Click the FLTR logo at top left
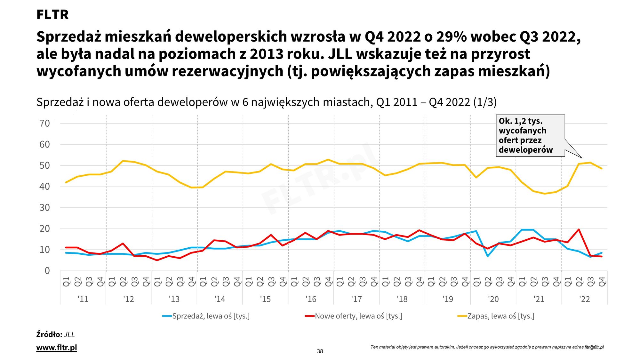52,14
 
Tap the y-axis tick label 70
44,124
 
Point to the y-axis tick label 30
44,208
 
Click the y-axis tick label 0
47,271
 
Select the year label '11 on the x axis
83,299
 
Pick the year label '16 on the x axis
311,299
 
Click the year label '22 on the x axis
584,299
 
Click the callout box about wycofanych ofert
530,136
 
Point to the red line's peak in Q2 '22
579,229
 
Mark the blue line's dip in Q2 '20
488,256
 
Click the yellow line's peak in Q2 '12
123,161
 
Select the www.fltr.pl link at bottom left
57,348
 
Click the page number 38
320,351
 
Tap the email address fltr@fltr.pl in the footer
594,347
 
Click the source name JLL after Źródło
69,335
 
